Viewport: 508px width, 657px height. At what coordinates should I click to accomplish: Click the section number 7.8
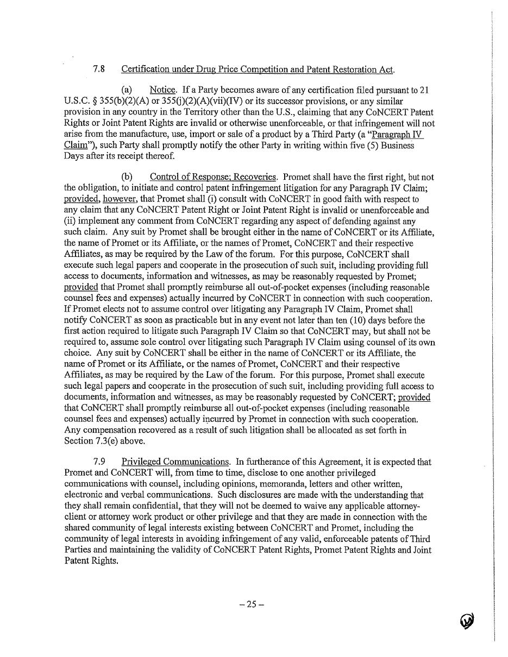click(99, 69)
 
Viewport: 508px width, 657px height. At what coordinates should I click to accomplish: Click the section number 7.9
click(99, 462)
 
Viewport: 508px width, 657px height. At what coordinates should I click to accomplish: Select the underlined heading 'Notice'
click(162, 90)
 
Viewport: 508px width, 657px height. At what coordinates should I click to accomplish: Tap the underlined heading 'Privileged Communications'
click(175, 462)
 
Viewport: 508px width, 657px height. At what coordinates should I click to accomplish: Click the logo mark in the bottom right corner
click(467, 620)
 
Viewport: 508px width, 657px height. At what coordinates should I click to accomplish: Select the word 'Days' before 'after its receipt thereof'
click(74, 156)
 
